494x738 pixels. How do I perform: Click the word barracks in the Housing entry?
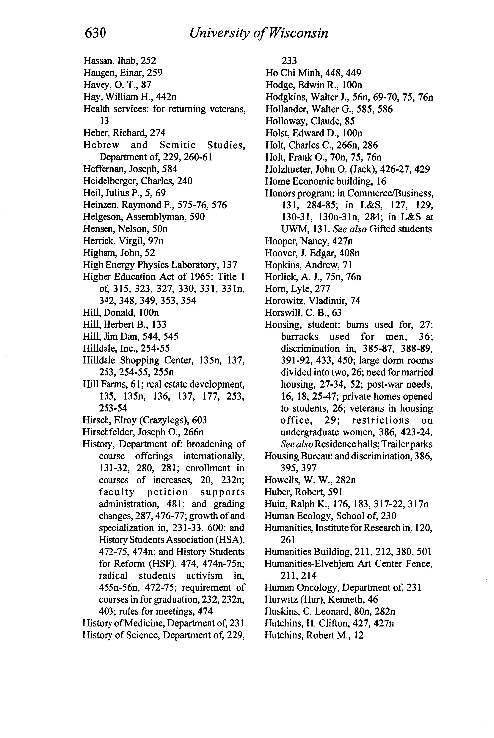[x=299, y=337]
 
